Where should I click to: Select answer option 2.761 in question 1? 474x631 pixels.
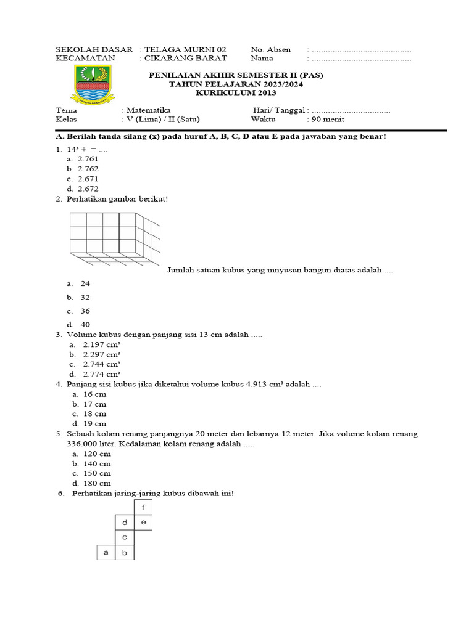[x=88, y=158]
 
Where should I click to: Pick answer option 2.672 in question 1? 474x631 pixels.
[x=88, y=189]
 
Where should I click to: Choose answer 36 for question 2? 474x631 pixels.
[x=85, y=311]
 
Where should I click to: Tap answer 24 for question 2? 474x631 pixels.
[x=85, y=283]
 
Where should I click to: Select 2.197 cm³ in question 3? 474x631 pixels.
[x=101, y=344]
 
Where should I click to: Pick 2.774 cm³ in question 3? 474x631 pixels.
[x=101, y=374]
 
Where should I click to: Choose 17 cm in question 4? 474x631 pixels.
[x=94, y=404]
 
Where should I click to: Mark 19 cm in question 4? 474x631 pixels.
[x=94, y=424]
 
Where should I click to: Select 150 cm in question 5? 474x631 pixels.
[x=97, y=473]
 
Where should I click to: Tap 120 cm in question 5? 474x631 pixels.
[x=97, y=454]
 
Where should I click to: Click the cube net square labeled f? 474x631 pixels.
[x=143, y=508]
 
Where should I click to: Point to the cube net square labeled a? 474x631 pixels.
[x=106, y=552]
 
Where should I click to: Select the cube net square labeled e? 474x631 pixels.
[x=143, y=523]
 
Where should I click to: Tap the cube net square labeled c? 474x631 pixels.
[x=125, y=537]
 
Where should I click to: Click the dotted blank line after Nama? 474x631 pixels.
[x=361, y=59]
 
